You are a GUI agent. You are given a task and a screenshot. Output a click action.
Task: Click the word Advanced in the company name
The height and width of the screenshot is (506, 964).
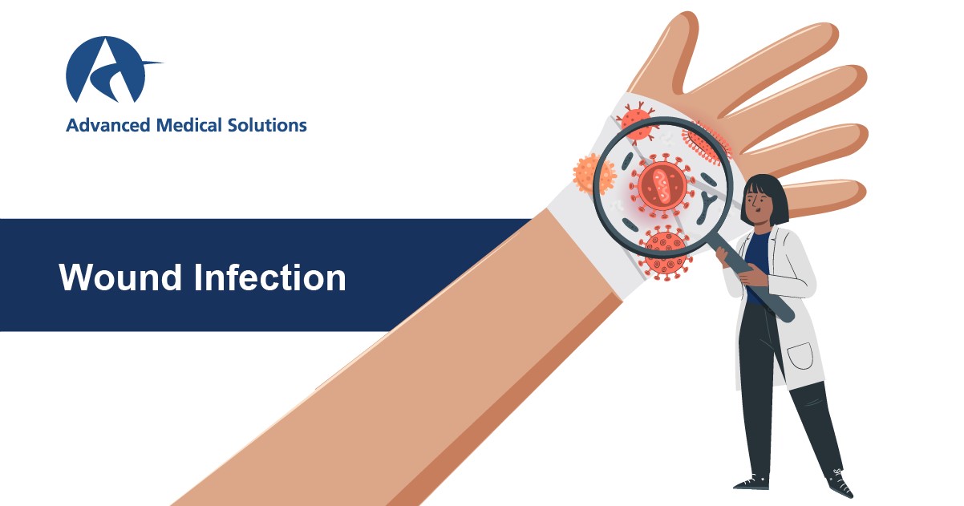click(x=108, y=125)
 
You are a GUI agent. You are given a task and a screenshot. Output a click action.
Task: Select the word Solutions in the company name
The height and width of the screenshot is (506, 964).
click(x=267, y=125)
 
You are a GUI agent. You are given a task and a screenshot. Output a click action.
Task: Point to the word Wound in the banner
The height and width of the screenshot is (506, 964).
click(x=120, y=277)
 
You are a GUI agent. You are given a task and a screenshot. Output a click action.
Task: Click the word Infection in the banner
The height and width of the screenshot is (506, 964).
click(x=269, y=277)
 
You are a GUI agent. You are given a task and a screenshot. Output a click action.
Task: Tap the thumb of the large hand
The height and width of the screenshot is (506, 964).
click(x=671, y=51)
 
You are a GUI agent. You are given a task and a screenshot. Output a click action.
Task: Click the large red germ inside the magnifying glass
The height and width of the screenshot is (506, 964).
click(x=662, y=186)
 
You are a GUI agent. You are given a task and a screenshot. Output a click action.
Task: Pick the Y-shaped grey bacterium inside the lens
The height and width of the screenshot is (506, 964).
click(x=706, y=207)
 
